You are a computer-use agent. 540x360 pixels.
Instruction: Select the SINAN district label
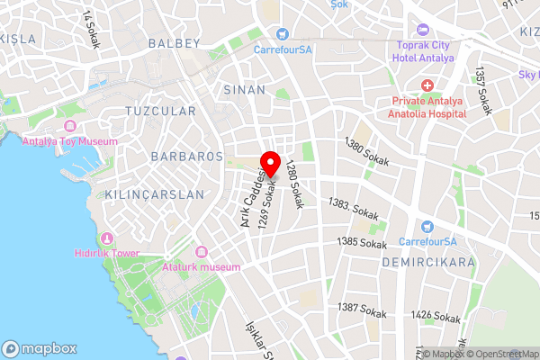tap(243, 89)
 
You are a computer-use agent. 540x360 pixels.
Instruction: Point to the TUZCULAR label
tap(161, 111)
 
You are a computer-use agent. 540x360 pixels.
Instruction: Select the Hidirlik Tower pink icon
tap(107, 238)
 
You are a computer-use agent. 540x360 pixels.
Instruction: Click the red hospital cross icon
tap(427, 85)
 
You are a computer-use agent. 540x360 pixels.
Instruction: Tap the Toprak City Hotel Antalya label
tap(426, 51)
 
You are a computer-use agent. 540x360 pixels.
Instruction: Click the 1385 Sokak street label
tap(360, 242)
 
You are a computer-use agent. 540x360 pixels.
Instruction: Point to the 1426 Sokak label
tap(436, 315)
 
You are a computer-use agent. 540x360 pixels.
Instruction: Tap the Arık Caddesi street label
tap(252, 193)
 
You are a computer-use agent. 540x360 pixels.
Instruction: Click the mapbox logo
tap(40, 348)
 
